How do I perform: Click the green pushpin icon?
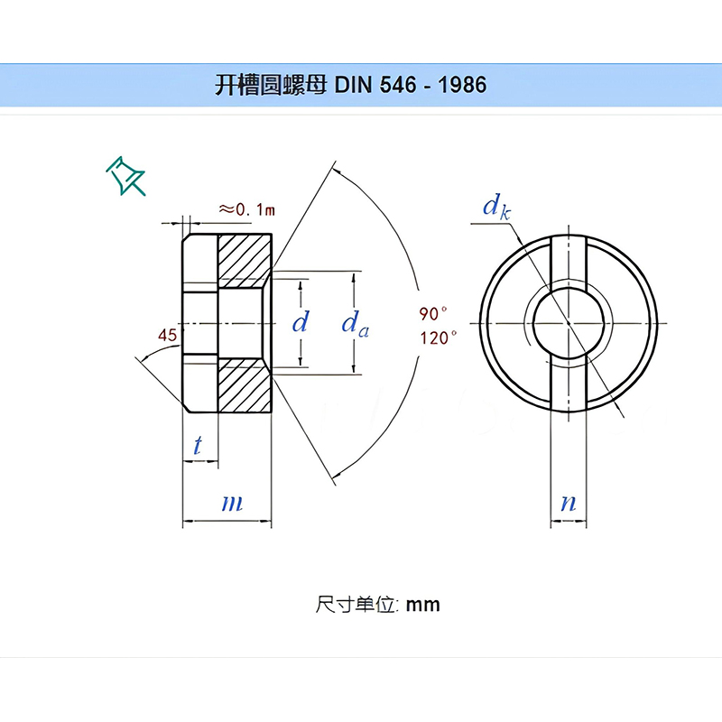tap(126, 175)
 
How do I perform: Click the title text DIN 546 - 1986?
tap(411, 85)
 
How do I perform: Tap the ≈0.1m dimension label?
tap(246, 209)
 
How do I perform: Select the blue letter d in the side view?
tap(301, 322)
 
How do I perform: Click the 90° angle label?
tap(433, 314)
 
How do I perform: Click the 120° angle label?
tap(438, 338)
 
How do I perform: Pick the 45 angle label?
tap(167, 336)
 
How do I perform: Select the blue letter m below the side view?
tap(232, 503)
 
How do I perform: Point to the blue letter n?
tap(568, 503)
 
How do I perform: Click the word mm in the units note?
tap(422, 604)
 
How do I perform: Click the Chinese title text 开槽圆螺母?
tap(272, 85)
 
